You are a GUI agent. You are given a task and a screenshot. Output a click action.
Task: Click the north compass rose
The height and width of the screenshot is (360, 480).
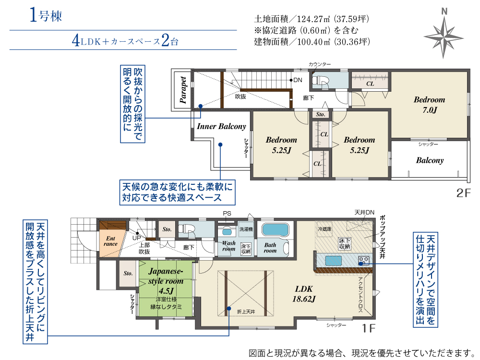click(444, 36)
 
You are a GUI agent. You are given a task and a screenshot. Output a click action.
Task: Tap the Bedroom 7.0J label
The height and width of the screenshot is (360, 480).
click(430, 104)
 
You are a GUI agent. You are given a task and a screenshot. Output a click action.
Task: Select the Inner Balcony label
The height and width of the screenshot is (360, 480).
click(221, 126)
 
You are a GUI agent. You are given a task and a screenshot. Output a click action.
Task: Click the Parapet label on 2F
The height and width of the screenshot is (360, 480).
click(183, 90)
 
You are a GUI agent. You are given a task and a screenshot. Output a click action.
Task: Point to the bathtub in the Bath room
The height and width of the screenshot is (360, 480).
click(275, 230)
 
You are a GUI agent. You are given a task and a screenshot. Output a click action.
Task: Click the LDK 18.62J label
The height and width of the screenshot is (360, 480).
click(304, 294)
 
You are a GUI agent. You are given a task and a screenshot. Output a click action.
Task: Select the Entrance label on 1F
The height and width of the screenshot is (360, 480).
click(110, 241)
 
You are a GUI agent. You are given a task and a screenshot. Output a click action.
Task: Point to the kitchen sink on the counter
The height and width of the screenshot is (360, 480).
click(334, 261)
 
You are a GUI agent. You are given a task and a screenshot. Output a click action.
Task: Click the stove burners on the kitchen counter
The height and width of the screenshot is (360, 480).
click(364, 261)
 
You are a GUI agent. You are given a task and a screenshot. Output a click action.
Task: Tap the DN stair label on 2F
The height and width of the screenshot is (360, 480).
click(298, 80)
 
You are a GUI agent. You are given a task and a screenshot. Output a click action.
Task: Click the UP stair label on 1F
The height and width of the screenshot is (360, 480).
click(136, 238)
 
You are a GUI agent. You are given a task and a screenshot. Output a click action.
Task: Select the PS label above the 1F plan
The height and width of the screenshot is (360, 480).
click(227, 214)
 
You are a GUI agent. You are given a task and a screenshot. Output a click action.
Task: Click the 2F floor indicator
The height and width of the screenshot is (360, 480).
click(463, 193)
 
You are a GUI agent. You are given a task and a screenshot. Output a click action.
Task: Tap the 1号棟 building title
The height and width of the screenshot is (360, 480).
click(46, 15)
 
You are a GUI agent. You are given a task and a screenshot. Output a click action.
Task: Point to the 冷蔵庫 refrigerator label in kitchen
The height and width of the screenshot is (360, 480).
click(324, 228)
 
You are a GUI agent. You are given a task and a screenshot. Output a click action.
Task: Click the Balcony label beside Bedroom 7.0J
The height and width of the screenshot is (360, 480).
click(430, 160)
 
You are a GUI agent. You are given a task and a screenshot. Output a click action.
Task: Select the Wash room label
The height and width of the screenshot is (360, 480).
click(228, 246)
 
